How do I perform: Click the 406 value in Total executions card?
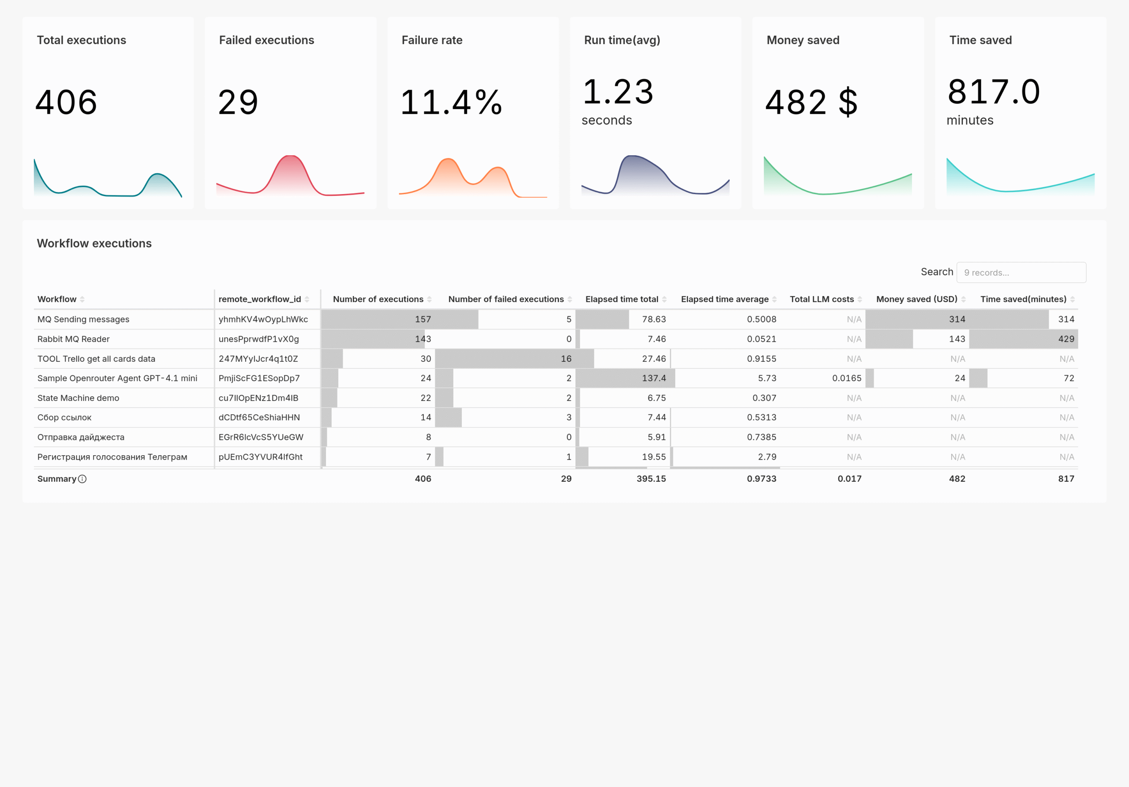click(67, 102)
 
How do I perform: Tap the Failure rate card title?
click(432, 40)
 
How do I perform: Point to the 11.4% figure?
click(451, 102)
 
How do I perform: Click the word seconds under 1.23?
click(606, 120)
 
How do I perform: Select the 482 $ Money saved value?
click(811, 102)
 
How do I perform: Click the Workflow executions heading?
click(94, 244)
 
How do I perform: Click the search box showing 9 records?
click(1021, 273)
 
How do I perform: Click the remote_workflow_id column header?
click(259, 299)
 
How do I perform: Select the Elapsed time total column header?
click(621, 299)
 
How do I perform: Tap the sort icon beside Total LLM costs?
click(860, 299)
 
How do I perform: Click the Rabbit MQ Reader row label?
click(73, 339)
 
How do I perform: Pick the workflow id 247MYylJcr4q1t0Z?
click(258, 359)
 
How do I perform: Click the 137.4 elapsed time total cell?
click(654, 378)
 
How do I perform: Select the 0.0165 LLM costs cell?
click(846, 378)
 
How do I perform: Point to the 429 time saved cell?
click(1065, 339)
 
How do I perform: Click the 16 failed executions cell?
click(566, 359)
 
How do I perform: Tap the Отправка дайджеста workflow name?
click(81, 437)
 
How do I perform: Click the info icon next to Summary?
click(82, 479)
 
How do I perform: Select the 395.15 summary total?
click(650, 479)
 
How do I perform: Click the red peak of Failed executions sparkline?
click(290, 157)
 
